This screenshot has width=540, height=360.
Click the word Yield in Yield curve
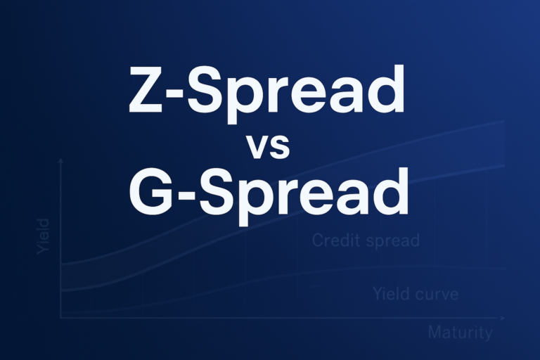pyautogui.click(x=390, y=294)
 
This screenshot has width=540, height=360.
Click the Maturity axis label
pyautogui.click(x=460, y=333)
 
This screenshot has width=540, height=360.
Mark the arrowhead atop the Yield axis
pyautogui.click(x=61, y=162)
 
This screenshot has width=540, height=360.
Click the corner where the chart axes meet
pyautogui.click(x=61, y=318)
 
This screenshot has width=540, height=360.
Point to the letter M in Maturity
pyautogui.click(x=436, y=333)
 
